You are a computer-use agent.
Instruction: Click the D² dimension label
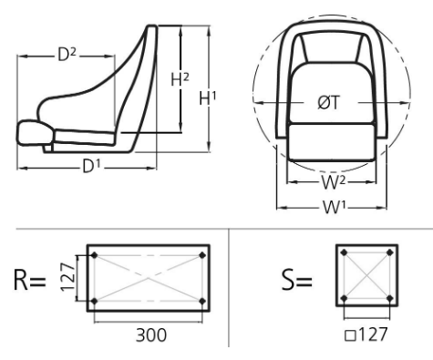point(67,56)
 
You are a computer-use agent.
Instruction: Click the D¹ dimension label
point(91,166)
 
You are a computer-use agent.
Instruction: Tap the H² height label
point(180,79)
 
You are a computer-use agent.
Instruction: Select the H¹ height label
point(208,98)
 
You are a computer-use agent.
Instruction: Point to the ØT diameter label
point(328,102)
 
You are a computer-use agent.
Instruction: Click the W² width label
point(334,182)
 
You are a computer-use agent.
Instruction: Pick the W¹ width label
point(335,208)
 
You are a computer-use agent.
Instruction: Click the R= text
point(30,280)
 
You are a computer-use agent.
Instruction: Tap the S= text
point(297,280)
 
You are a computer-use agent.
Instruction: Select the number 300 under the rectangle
point(151,335)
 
